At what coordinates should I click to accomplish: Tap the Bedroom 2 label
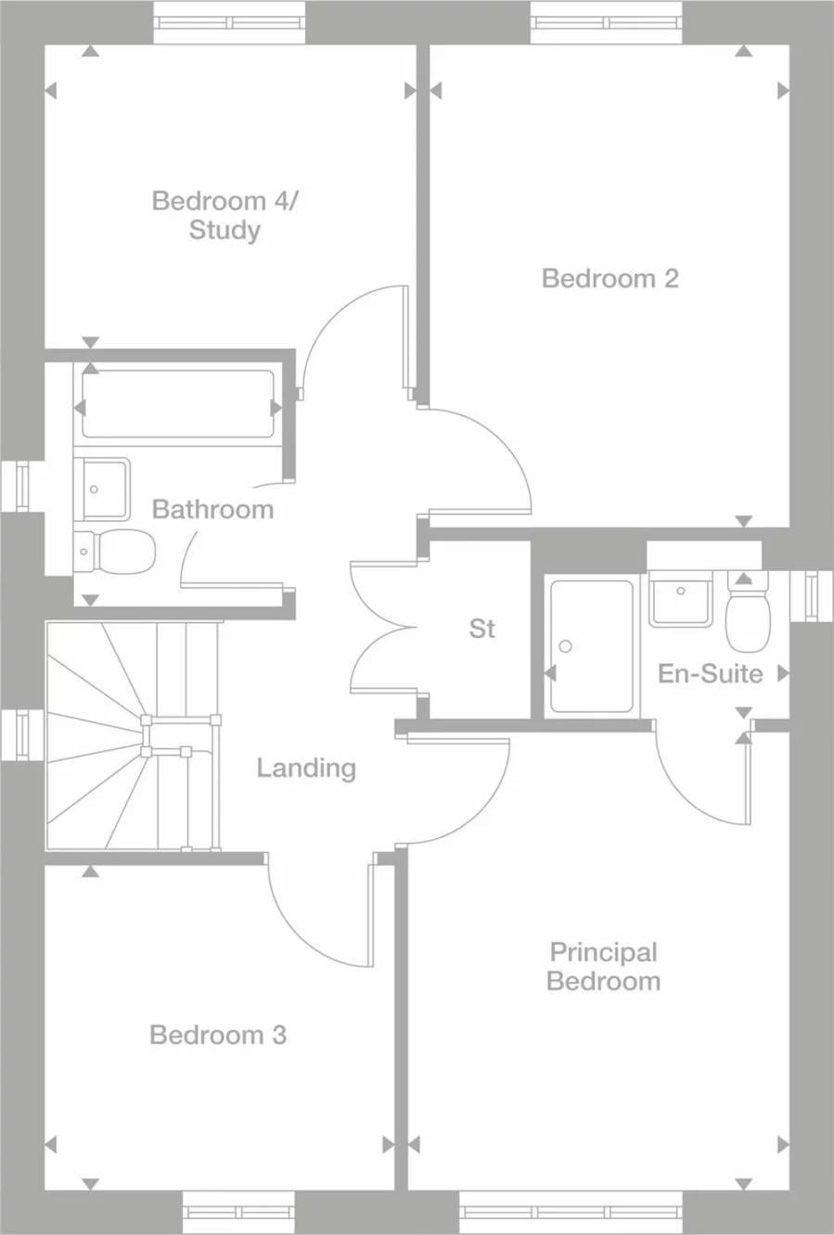(x=609, y=278)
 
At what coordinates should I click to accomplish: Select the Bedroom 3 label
(x=218, y=1035)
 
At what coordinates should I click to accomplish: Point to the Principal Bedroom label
(x=603, y=966)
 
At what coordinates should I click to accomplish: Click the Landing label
(x=306, y=768)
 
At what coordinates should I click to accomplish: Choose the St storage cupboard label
(x=481, y=629)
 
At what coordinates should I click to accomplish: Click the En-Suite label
(x=710, y=673)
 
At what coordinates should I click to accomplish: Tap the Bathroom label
(x=212, y=509)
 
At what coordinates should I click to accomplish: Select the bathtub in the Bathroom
(x=178, y=404)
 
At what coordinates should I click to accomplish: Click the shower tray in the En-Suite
(x=591, y=646)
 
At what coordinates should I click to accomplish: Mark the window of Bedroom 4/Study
(x=228, y=21)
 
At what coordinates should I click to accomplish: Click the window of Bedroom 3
(x=238, y=1212)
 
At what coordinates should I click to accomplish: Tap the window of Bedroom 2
(x=607, y=21)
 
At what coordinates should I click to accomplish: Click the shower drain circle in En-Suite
(x=566, y=646)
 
